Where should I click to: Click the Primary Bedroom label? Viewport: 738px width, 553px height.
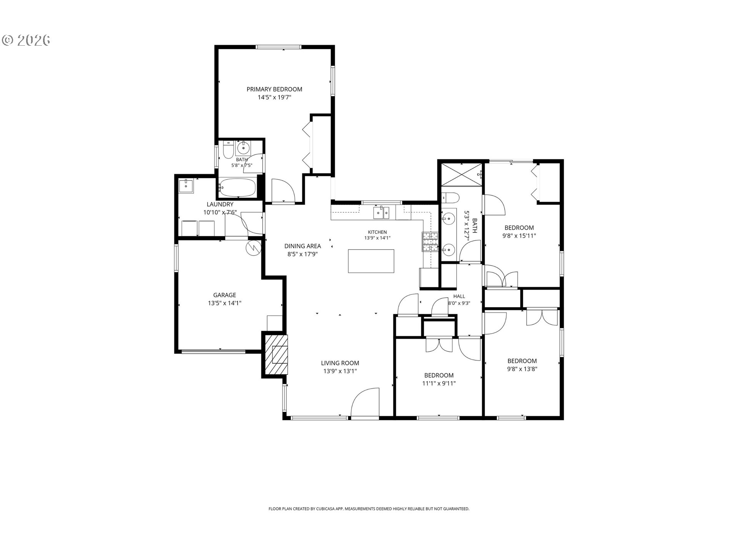pos(274,89)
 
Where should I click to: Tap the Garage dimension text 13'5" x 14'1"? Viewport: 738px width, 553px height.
pos(224,303)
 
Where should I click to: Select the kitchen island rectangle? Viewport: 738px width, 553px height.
pos(371,261)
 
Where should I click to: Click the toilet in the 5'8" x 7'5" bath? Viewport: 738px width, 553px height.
pos(228,150)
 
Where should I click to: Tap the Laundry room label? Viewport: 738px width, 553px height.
pos(220,204)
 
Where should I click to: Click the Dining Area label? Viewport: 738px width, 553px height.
pos(303,246)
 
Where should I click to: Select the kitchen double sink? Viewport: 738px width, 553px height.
pos(381,213)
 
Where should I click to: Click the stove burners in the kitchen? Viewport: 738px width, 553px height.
pos(430,242)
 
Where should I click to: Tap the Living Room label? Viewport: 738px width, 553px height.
pos(340,363)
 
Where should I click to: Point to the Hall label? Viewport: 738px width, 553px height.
pos(459,296)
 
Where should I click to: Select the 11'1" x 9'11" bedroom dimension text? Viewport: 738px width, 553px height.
pos(439,383)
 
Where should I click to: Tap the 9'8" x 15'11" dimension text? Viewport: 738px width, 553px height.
pos(519,236)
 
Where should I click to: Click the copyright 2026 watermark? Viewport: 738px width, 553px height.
pos(27,40)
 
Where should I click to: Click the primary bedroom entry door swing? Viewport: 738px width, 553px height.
pos(283,190)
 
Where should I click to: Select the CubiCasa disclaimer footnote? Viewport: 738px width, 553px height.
pos(369,509)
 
